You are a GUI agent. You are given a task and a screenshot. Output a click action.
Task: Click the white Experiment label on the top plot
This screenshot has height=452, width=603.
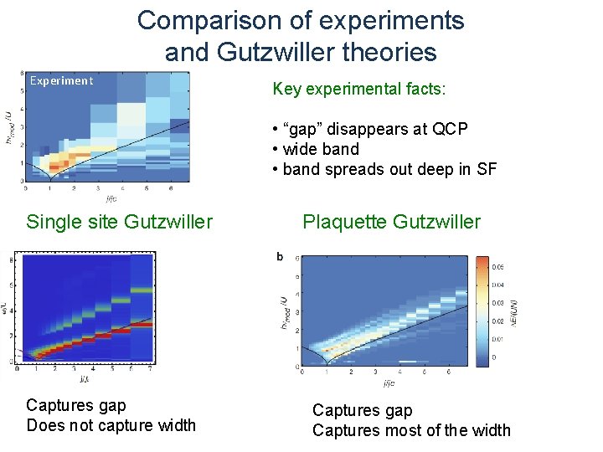point(61,81)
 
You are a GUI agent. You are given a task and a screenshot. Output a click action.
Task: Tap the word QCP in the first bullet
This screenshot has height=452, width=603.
point(450,130)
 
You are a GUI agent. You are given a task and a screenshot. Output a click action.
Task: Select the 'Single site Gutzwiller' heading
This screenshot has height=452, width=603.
point(120,222)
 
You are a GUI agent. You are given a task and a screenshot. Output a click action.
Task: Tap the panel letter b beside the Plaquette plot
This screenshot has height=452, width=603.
point(280,256)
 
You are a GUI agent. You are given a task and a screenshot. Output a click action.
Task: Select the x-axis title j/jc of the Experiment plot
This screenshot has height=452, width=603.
point(111,199)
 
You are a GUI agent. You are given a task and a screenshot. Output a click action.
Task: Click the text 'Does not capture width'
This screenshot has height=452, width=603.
point(111,425)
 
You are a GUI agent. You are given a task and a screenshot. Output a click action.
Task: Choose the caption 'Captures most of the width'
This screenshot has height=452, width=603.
point(411,430)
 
